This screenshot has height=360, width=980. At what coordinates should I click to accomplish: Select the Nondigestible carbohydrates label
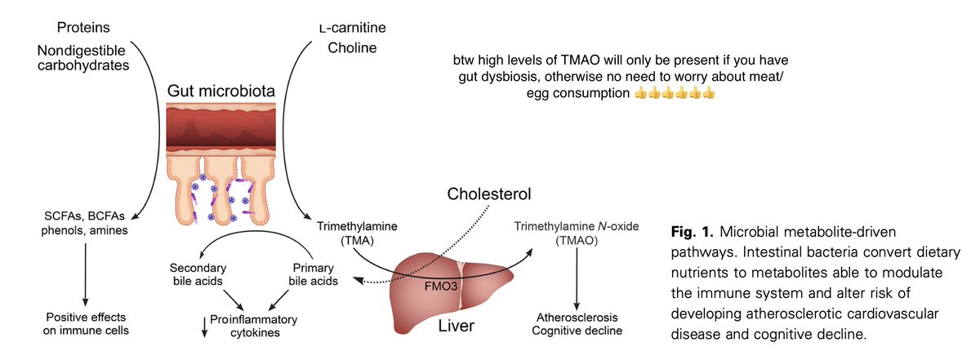[x=83, y=59]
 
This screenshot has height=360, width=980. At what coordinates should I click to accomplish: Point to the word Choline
[x=353, y=48]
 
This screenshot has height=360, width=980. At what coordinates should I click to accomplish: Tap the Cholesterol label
[x=490, y=195]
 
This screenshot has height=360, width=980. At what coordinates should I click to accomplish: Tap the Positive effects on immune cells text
[x=87, y=324]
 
